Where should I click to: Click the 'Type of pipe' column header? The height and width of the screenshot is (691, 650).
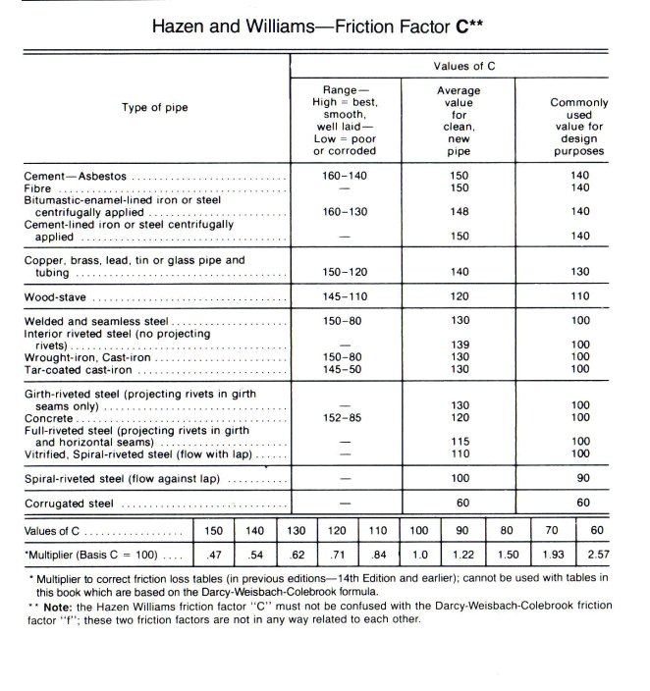pos(155,106)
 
